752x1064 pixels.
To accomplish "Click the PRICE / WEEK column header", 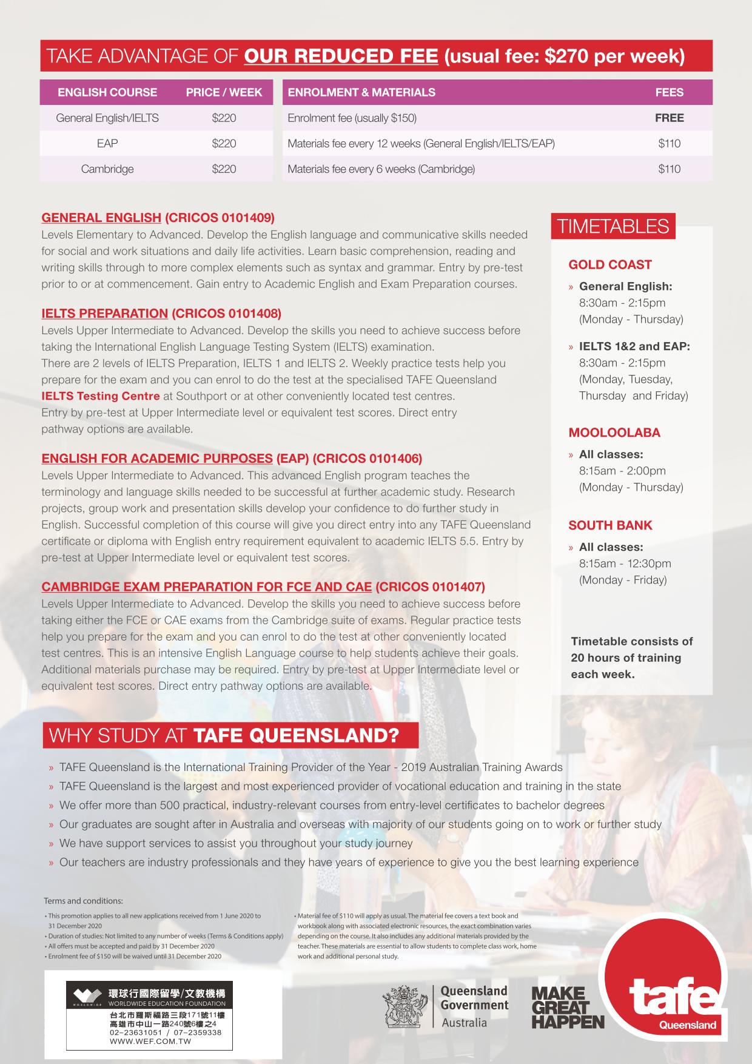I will pyautogui.click(x=224, y=92).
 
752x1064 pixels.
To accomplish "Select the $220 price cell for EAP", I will pyautogui.click(x=224, y=144).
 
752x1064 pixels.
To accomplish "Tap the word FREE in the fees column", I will pyautogui.click(x=669, y=118).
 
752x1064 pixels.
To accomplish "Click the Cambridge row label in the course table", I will pyautogui.click(x=107, y=169).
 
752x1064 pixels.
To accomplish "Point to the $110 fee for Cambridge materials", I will pyautogui.click(x=669, y=169).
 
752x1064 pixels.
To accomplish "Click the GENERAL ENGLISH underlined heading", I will pyautogui.click(x=101, y=218).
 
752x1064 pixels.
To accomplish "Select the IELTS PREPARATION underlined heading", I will pyautogui.click(x=104, y=314).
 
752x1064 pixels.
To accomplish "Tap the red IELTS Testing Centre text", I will pyautogui.click(x=101, y=396).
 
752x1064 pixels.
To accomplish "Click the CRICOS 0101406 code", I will pyautogui.click(x=368, y=459).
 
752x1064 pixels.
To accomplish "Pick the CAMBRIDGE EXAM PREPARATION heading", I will pyautogui.click(x=206, y=587).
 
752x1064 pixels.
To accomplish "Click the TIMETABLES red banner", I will pyautogui.click(x=613, y=227).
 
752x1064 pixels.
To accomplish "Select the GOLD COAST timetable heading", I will pyautogui.click(x=609, y=264).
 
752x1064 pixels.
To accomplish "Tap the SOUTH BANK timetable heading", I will pyautogui.click(x=610, y=525).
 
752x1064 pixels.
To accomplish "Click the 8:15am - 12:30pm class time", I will pyautogui.click(x=625, y=564).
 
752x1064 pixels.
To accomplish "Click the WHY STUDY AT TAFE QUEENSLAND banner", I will pyautogui.click(x=230, y=735).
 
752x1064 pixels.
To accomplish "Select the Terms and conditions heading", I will pyautogui.click(x=83, y=901).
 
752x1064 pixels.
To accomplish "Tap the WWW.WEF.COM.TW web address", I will pyautogui.click(x=150, y=1041).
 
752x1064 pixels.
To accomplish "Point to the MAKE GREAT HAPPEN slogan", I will pyautogui.click(x=568, y=1008).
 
